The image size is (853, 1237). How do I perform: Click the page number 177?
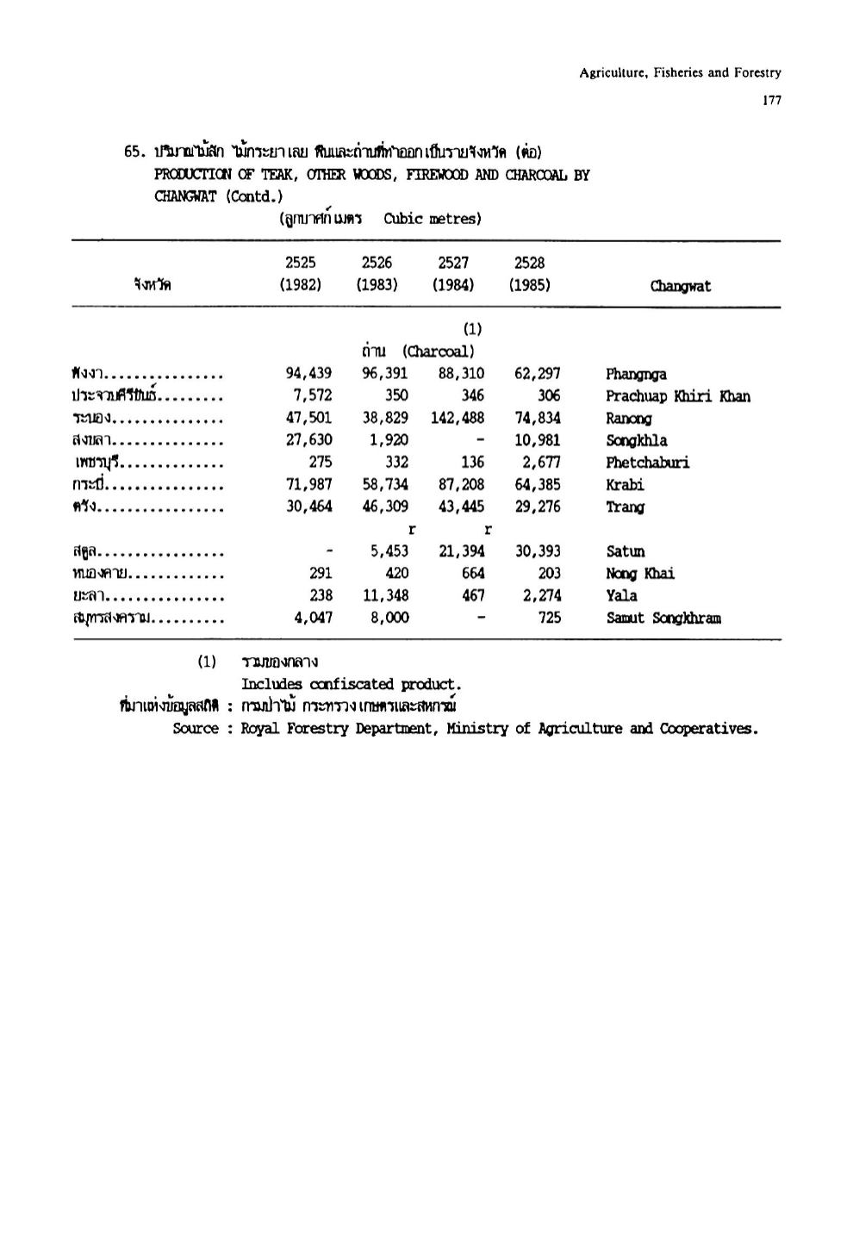click(771, 101)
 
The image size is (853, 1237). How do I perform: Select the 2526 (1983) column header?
click(377, 274)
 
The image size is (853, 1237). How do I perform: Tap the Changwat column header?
click(681, 287)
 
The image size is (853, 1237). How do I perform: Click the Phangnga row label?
click(636, 374)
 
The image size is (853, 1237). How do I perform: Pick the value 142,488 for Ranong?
click(458, 418)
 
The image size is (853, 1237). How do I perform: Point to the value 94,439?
click(308, 373)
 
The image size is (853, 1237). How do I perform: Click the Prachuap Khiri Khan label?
click(677, 396)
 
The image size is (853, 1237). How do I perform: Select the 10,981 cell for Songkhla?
click(537, 440)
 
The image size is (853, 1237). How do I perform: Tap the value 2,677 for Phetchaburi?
click(541, 463)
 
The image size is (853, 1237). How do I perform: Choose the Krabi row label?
click(625, 485)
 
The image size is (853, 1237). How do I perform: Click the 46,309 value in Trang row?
click(384, 507)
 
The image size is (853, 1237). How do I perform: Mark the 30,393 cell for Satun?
click(537, 551)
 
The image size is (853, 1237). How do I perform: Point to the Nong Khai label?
click(640, 574)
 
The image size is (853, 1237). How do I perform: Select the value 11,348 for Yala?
click(384, 595)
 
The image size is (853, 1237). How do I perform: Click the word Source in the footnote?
click(196, 729)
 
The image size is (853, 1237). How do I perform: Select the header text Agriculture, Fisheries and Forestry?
click(680, 73)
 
